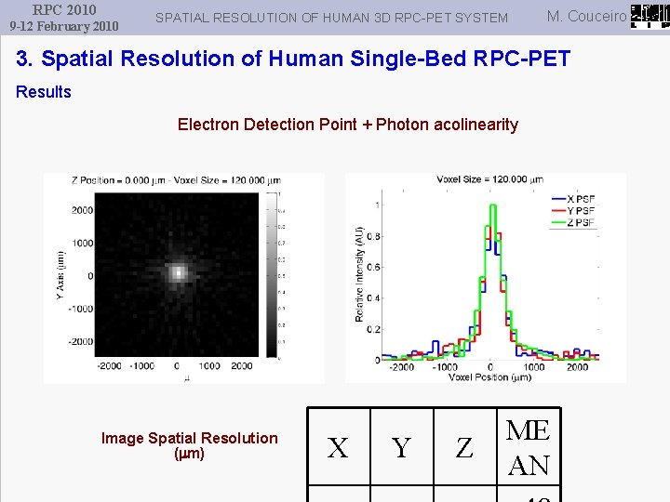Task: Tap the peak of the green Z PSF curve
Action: (490, 205)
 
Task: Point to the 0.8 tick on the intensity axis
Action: (372, 236)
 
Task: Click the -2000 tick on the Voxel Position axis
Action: (401, 367)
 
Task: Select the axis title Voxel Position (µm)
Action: (489, 376)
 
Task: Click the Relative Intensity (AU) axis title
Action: (360, 274)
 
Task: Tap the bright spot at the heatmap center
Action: (177, 273)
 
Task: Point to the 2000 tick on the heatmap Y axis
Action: (82, 210)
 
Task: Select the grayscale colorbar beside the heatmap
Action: (272, 274)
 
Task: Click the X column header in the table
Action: (339, 448)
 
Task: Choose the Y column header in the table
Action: (401, 448)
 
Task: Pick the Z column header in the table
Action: (464, 448)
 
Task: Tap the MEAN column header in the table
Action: (529, 447)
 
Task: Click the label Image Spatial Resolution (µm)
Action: (189, 445)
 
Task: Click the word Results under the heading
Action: (44, 92)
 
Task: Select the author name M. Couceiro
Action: (586, 16)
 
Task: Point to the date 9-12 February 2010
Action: (64, 26)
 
